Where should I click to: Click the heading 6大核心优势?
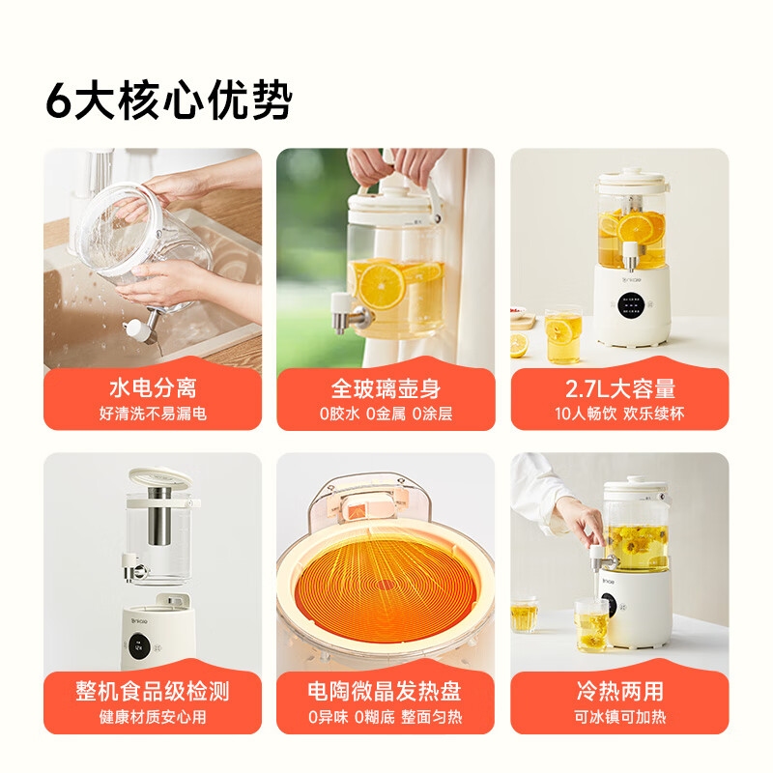point(169,100)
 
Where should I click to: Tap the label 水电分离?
point(153,388)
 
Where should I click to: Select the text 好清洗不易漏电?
point(153,414)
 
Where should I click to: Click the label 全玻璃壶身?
point(386,388)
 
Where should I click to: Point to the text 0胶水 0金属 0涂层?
point(386,414)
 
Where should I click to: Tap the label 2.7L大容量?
point(619,388)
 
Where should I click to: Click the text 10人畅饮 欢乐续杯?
point(619,414)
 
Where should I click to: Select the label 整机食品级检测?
point(153,691)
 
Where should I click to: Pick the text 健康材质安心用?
point(153,716)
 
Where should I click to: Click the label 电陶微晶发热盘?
point(385,691)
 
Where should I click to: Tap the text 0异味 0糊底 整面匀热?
point(385,716)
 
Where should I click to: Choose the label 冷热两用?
point(619,691)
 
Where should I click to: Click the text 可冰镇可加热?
point(619,716)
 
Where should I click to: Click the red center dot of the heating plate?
point(385,585)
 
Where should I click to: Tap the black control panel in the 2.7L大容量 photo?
point(632,305)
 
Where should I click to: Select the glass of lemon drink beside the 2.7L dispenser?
point(563,335)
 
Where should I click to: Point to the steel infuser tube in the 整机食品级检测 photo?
point(159,516)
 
